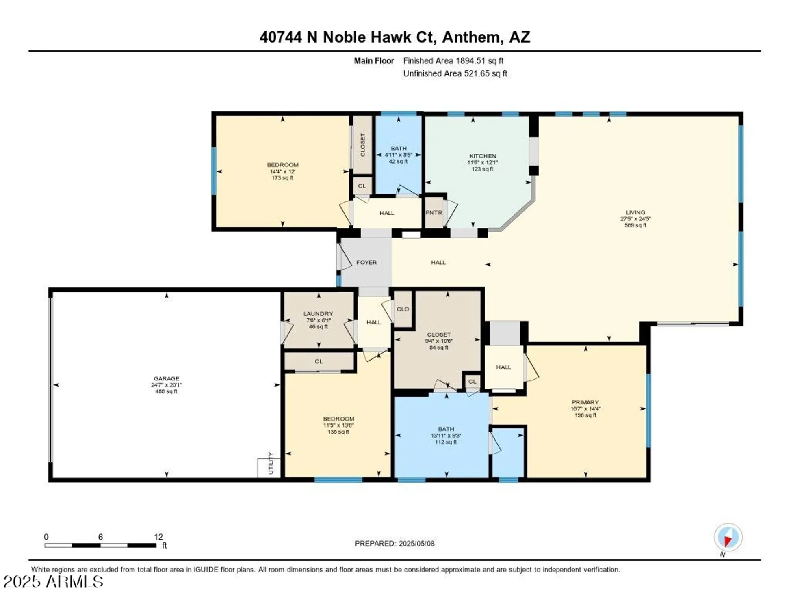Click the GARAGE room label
tap(166, 378)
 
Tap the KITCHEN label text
tap(482, 156)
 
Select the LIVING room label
tap(635, 212)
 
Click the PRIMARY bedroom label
tap(585, 402)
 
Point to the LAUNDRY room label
tap(318, 314)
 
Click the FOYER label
tap(366, 263)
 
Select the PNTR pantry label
tap(434, 213)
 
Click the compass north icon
tap(728, 537)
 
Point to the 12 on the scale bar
tap(158, 537)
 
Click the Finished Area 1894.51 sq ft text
tap(453, 61)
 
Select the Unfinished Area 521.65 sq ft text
tap(455, 74)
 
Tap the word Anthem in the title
tap(470, 37)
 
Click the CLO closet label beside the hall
tap(403, 309)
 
